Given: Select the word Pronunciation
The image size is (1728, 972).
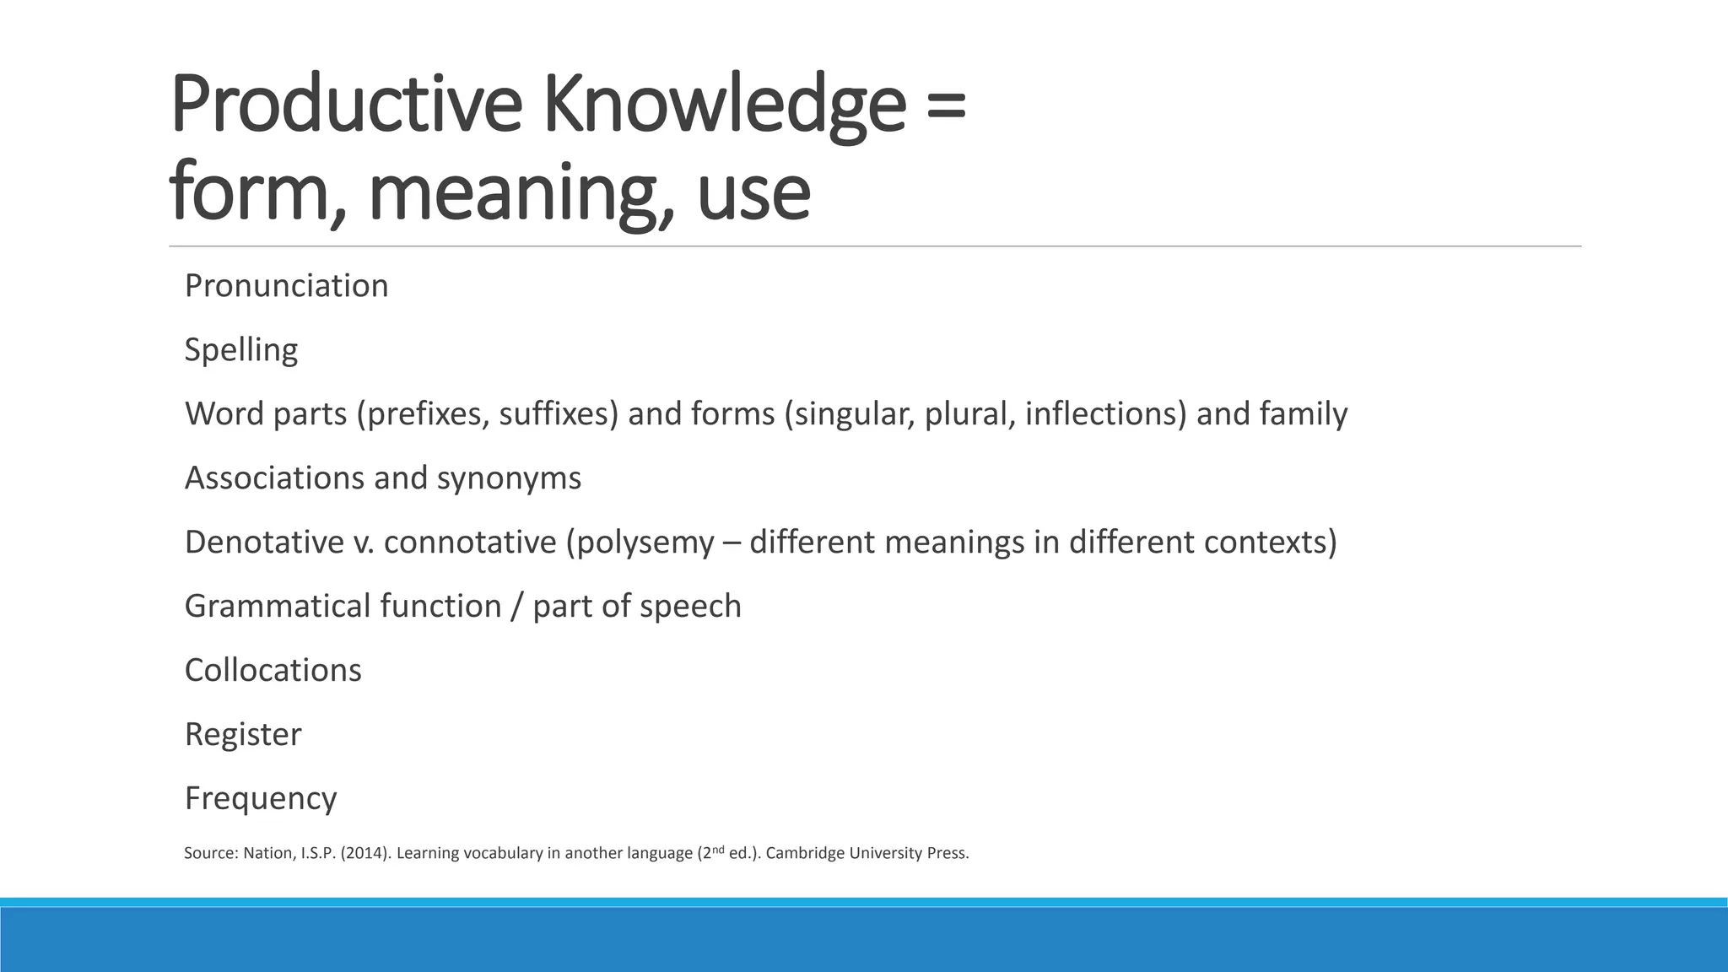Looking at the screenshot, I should point(286,286).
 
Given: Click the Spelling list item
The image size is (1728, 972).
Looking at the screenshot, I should point(241,350).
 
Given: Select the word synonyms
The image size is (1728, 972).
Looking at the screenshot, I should point(509,478).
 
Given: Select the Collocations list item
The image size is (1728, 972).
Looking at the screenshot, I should point(273,671).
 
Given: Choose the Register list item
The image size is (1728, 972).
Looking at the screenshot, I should point(242,735).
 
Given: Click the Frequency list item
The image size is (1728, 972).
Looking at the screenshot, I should point(261,799).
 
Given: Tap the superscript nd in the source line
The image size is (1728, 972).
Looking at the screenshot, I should point(717,849).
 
